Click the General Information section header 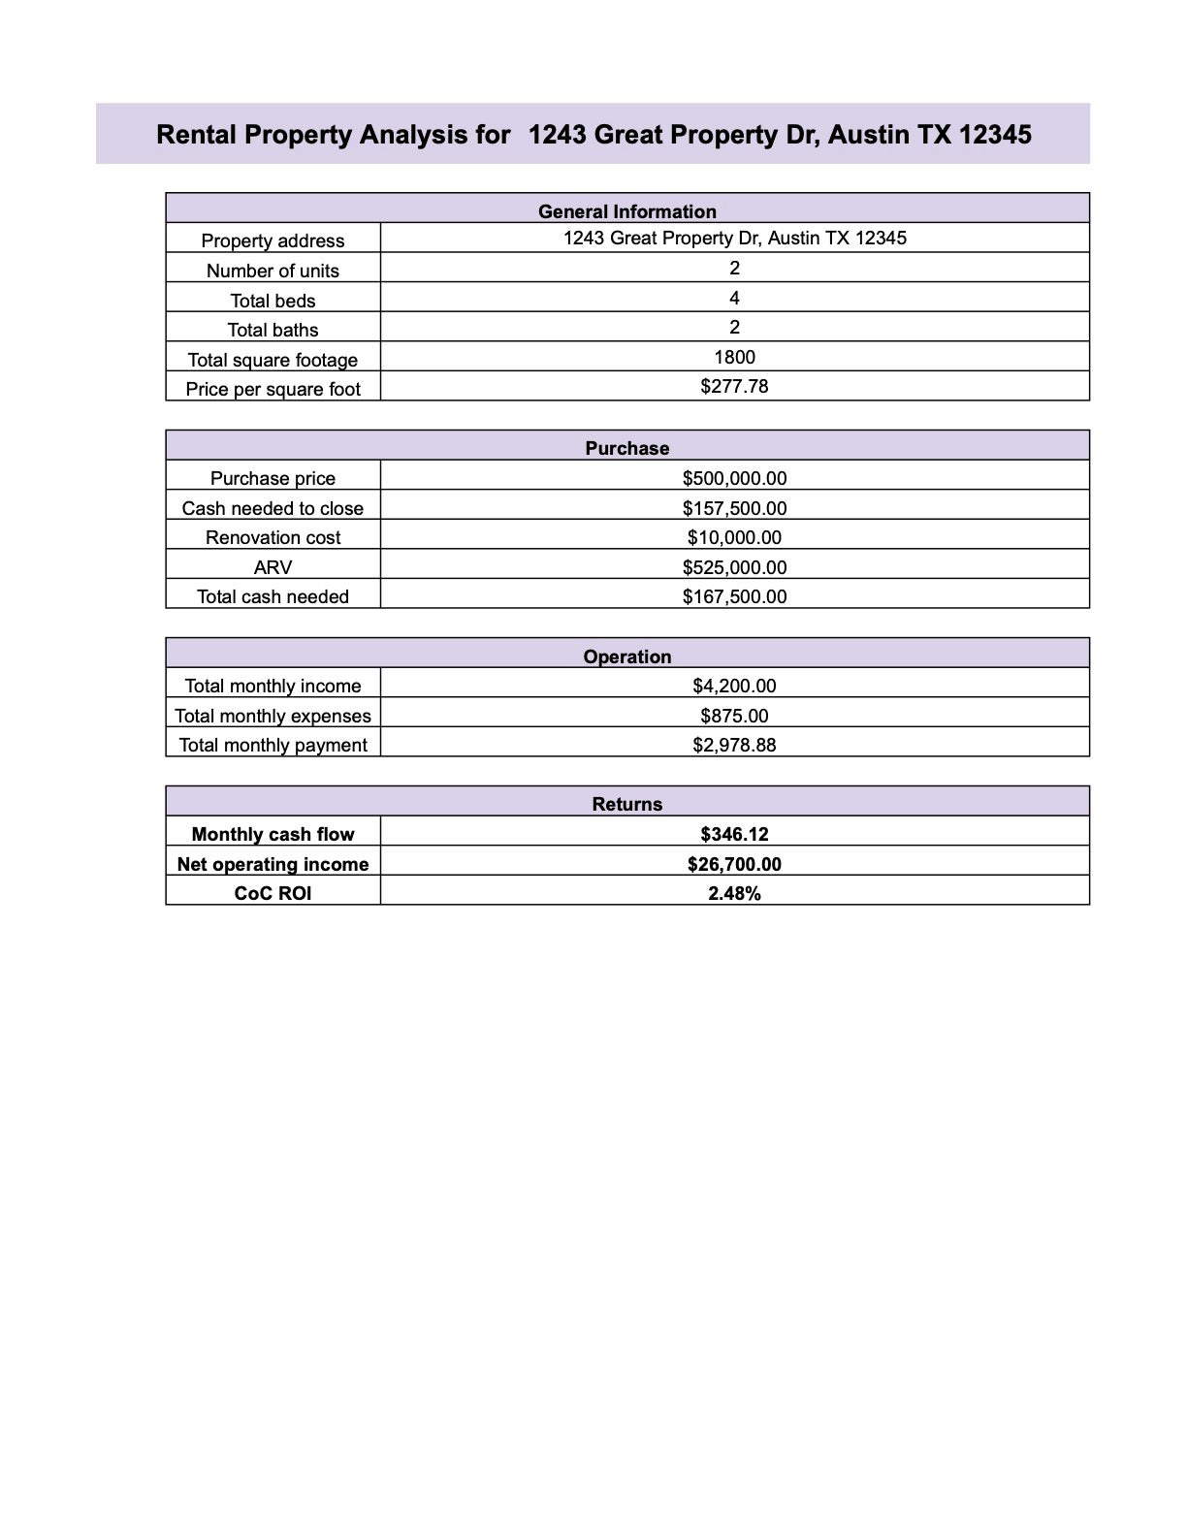click(626, 211)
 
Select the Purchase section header click(626, 448)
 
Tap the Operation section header click(626, 656)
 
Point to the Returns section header click(626, 804)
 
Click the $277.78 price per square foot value click(734, 386)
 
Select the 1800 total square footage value click(734, 357)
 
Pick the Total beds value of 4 click(734, 298)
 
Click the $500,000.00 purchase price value click(734, 478)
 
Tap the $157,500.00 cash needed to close click(734, 508)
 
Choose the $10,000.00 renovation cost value click(734, 537)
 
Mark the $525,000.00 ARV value click(734, 567)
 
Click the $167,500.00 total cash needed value click(734, 596)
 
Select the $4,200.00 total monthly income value click(734, 686)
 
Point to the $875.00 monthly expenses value click(734, 716)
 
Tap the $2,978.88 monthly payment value click(734, 745)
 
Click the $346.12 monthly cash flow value click(734, 834)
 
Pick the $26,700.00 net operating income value click(734, 864)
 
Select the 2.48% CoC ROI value click(734, 893)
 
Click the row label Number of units click(273, 271)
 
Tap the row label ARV click(273, 567)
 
